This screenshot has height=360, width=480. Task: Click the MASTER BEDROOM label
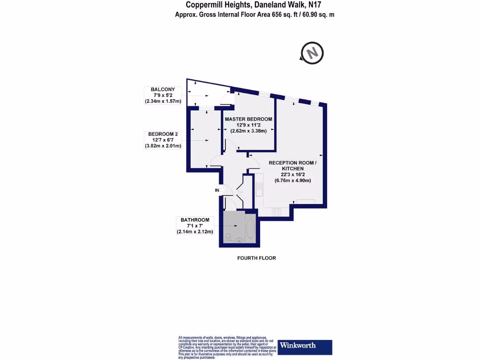[x=248, y=119]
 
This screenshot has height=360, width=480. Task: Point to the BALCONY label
[x=163, y=89]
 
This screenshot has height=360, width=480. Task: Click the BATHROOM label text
[x=195, y=219]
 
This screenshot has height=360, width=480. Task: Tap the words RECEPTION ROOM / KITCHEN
[x=292, y=165]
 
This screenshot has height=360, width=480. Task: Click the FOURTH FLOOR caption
[x=256, y=258]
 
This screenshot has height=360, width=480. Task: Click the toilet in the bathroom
[x=229, y=236]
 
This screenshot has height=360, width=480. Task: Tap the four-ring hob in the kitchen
[x=277, y=212]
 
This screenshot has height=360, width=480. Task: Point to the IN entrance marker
[x=217, y=190]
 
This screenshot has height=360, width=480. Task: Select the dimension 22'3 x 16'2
[x=292, y=174]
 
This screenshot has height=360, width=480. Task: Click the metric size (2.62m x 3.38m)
[x=248, y=131]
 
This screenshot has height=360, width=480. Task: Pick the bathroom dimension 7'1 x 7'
[x=195, y=225]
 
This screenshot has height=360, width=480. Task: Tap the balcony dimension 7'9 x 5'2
[x=163, y=95]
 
